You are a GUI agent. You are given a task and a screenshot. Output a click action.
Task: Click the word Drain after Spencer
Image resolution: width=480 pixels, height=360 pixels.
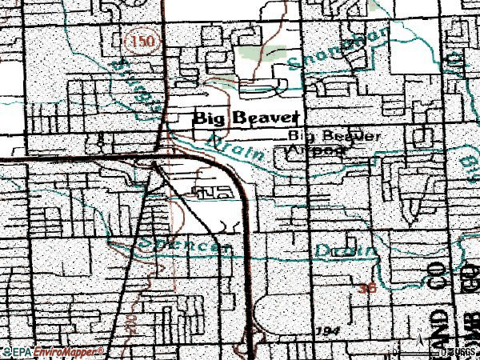point(343,250)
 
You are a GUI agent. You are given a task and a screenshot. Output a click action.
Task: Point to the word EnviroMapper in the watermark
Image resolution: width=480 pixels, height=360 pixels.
point(69,351)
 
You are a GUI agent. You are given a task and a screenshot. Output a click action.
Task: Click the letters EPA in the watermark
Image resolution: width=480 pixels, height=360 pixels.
point(21,351)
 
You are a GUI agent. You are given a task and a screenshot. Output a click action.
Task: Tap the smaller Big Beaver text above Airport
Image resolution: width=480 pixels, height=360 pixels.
point(334,136)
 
